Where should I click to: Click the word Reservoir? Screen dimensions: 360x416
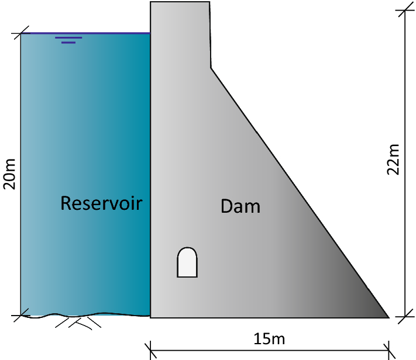click(x=102, y=203)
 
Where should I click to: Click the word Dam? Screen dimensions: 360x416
click(x=240, y=206)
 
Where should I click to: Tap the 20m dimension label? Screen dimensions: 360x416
click(x=10, y=174)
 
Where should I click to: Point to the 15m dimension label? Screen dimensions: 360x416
click(x=270, y=338)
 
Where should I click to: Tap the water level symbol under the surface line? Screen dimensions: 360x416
click(x=68, y=40)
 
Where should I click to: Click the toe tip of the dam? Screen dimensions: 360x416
click(x=388, y=317)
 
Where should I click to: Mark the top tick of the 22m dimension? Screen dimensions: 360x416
click(x=403, y=11)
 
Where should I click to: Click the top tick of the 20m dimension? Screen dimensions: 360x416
click(x=20, y=33)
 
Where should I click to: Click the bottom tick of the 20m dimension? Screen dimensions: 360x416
click(x=20, y=316)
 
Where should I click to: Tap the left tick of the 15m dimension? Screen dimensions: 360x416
click(x=150, y=349)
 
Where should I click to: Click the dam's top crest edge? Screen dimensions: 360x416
click(x=180, y=2)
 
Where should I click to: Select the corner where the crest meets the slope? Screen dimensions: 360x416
click(x=211, y=68)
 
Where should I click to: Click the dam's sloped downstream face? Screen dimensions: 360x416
click(x=298, y=192)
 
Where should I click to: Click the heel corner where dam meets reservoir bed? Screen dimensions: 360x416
click(x=151, y=317)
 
